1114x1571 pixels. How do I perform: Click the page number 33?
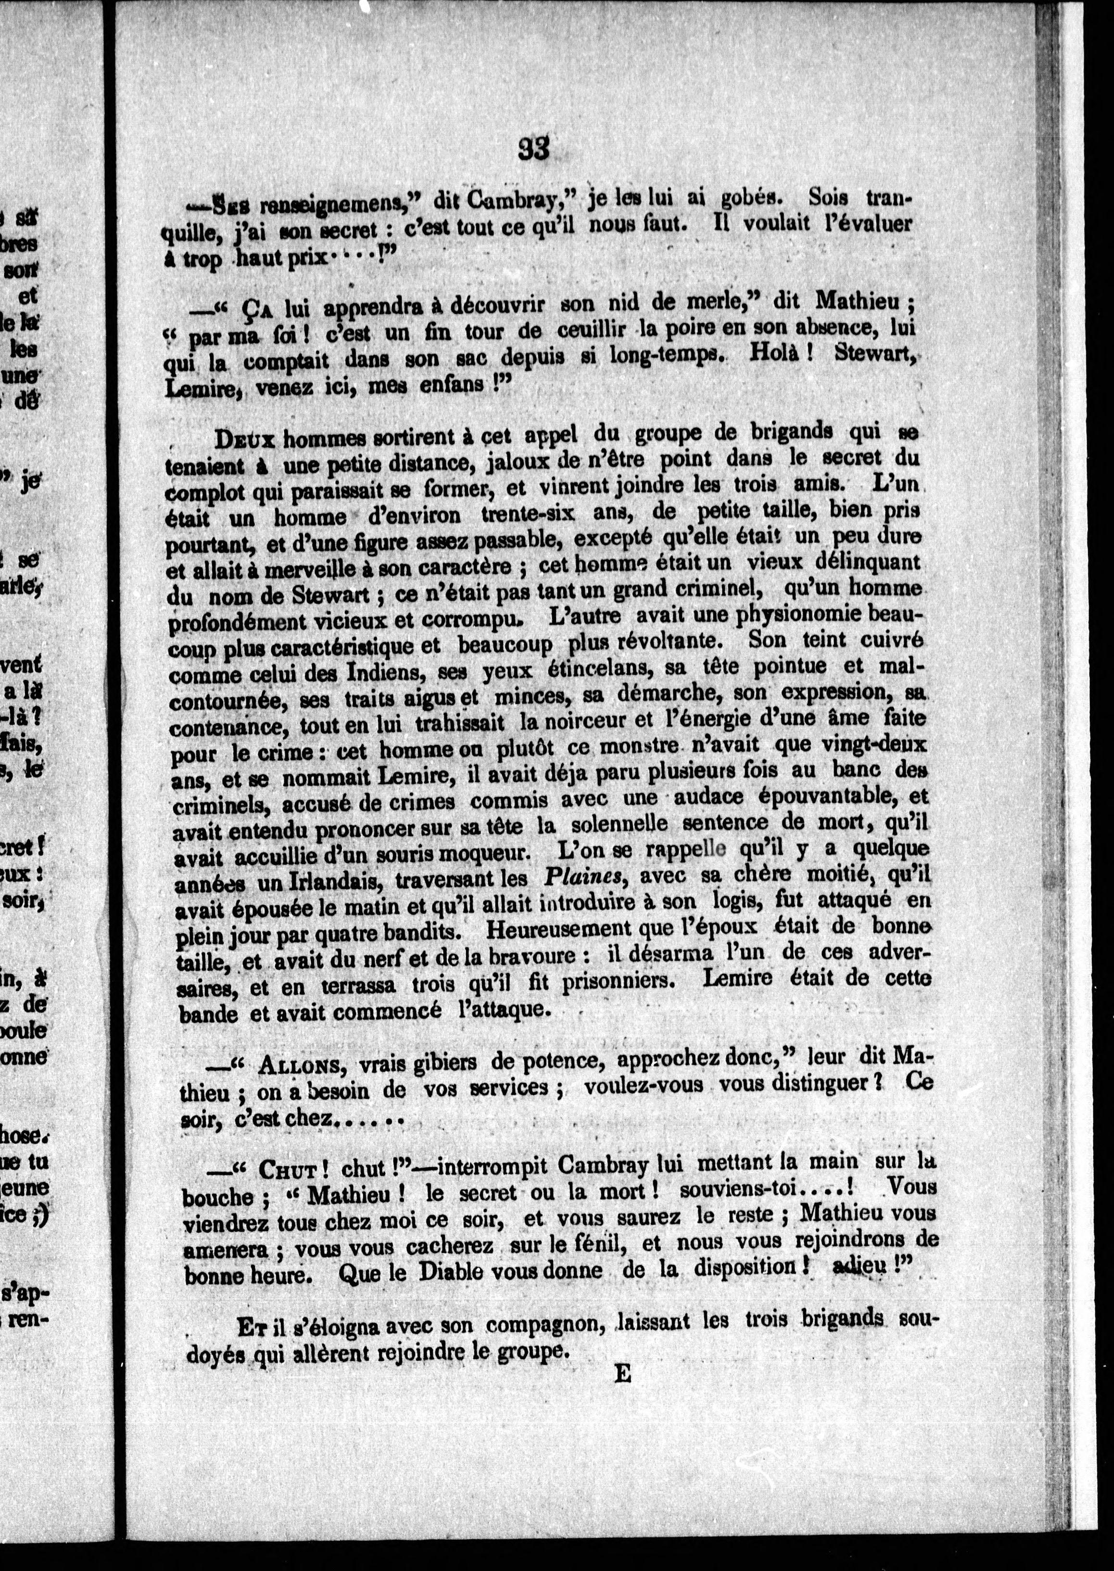(x=534, y=149)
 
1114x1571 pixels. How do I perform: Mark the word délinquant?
(x=866, y=562)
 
